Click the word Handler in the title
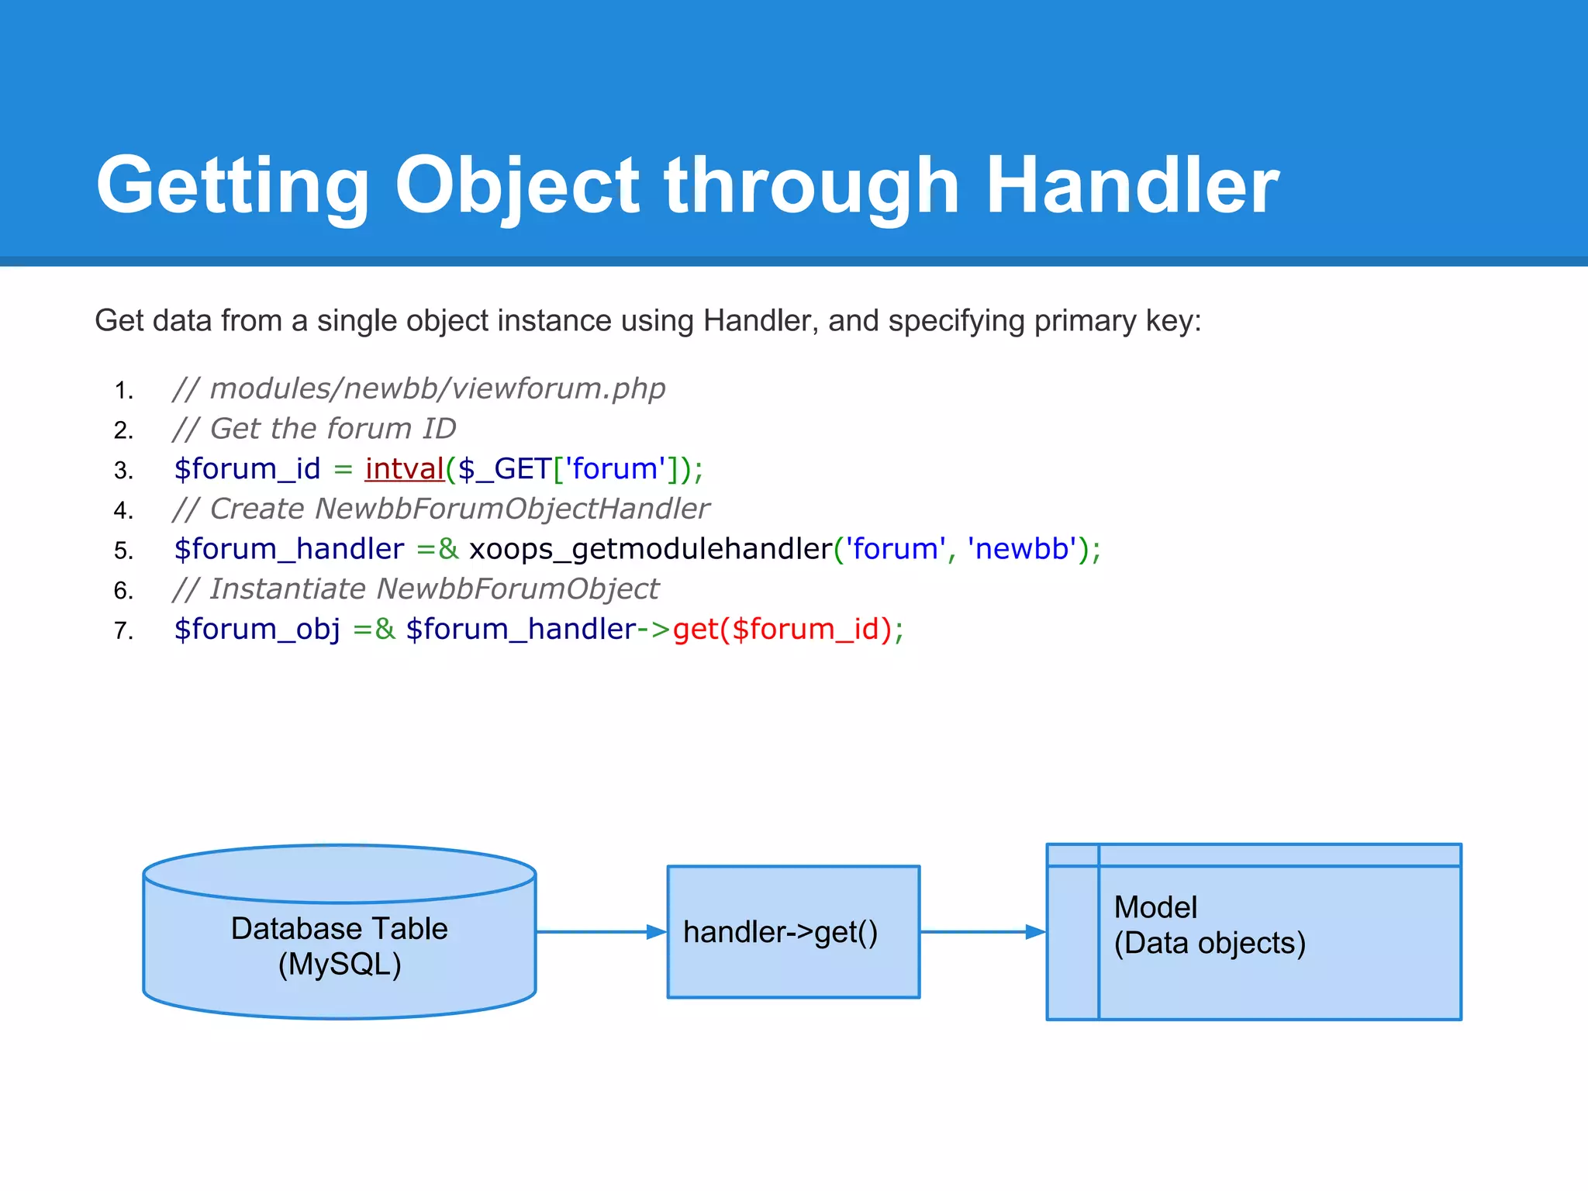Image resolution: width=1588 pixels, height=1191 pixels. tap(1132, 186)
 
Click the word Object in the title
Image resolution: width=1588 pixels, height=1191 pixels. tap(517, 186)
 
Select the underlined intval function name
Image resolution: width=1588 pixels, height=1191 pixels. tap(404, 469)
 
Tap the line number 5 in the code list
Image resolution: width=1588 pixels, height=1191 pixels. tap(123, 551)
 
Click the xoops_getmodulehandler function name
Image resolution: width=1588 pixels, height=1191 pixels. tap(650, 549)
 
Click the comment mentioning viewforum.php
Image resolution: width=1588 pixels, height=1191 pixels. tap(419, 388)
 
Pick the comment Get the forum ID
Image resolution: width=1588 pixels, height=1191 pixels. tap(314, 429)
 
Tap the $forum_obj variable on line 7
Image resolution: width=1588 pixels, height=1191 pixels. tap(257, 630)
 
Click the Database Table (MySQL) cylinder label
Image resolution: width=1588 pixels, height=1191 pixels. tap(340, 946)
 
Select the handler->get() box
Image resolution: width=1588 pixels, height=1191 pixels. tap(793, 932)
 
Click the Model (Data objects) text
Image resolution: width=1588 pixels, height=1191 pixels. tap(1210, 925)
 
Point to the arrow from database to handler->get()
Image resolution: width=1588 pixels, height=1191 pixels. tap(601, 932)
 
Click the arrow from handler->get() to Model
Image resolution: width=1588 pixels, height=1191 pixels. tap(982, 932)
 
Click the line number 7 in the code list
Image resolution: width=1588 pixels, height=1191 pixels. tap(123, 631)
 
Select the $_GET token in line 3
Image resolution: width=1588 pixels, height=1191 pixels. tap(505, 469)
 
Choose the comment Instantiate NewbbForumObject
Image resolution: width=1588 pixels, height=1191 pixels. tap(416, 589)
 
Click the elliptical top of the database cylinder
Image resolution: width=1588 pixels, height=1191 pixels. tap(340, 874)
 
